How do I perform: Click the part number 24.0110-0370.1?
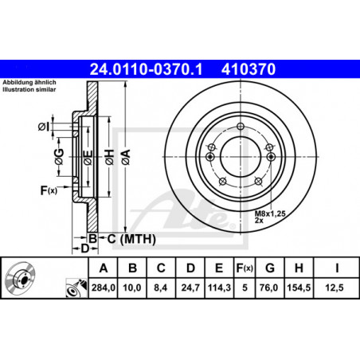click(146, 69)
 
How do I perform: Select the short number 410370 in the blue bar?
click(248, 69)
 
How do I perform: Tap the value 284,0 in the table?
click(104, 288)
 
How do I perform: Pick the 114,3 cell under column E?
click(219, 288)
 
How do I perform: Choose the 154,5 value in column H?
click(299, 288)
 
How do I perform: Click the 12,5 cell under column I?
click(335, 288)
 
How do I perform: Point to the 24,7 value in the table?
click(190, 288)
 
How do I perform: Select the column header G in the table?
click(270, 268)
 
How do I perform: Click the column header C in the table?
click(161, 268)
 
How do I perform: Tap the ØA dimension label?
click(126, 157)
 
